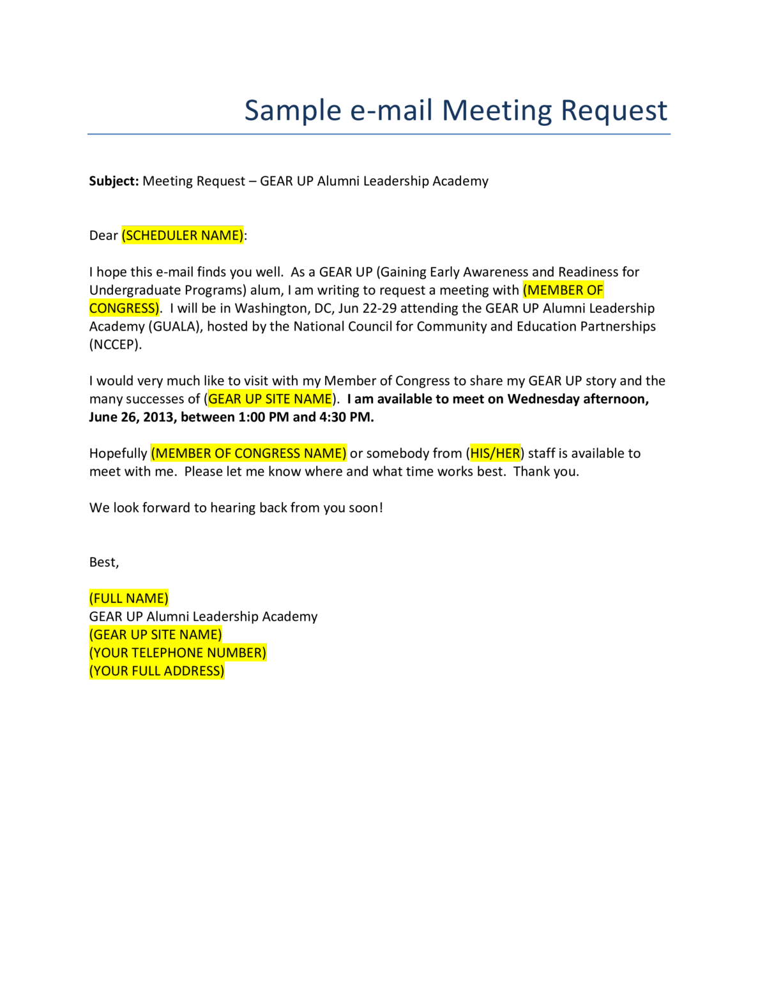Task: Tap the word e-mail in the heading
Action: tap(391, 111)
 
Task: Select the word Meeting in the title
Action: tap(497, 111)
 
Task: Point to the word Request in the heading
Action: tap(614, 111)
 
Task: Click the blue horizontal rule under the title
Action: tap(379, 134)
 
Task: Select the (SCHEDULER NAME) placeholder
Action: tap(183, 236)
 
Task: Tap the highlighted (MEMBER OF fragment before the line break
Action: tap(563, 291)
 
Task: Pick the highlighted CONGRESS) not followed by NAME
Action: tap(125, 308)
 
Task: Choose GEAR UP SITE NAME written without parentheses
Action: tap(270, 399)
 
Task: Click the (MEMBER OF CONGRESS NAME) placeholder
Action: tap(249, 453)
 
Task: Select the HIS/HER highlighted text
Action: tap(495, 453)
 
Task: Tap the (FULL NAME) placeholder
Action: tap(129, 598)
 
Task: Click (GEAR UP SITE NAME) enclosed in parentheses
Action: tap(156, 635)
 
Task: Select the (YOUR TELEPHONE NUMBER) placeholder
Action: tap(178, 653)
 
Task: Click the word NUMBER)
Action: tap(236, 653)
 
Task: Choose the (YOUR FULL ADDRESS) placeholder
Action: tap(156, 671)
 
